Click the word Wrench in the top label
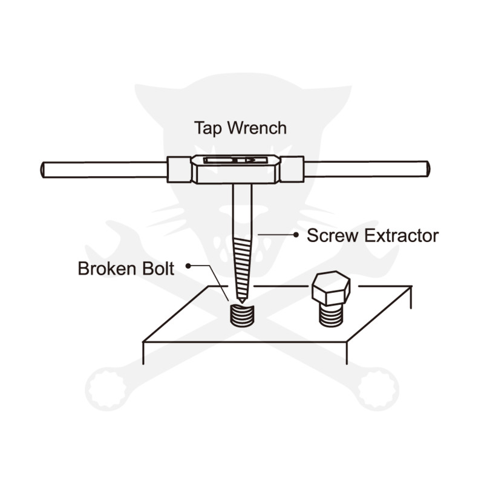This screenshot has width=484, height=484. pyautogui.click(x=255, y=128)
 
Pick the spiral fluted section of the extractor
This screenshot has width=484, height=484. pyautogui.click(x=241, y=266)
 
